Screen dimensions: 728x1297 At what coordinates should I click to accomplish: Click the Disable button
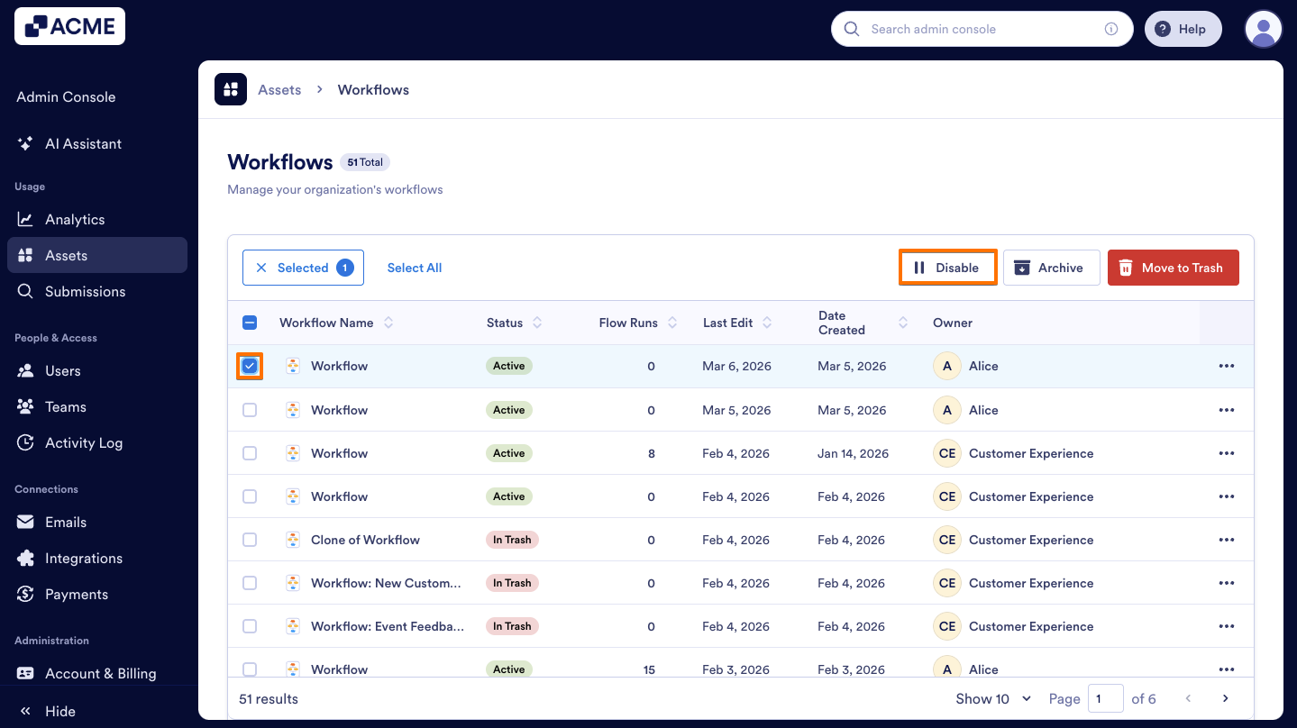click(947, 268)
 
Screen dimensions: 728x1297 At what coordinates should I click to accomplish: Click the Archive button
click(1051, 268)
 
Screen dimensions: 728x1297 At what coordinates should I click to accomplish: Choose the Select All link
click(414, 268)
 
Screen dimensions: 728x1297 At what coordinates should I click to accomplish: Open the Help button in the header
click(1182, 29)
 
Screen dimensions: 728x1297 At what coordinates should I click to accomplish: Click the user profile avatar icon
click(1263, 29)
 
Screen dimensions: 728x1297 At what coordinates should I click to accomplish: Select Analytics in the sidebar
click(75, 219)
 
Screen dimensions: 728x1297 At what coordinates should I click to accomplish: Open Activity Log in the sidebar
click(83, 442)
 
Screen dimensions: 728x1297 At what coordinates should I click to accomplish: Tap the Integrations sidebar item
click(83, 558)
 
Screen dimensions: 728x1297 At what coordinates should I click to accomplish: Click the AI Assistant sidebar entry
click(83, 143)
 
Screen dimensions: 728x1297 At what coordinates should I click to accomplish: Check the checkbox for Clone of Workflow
click(250, 540)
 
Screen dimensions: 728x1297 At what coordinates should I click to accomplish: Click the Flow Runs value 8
click(651, 453)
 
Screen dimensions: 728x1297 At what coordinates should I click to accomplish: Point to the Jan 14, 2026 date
click(853, 453)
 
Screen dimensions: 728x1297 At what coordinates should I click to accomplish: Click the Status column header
click(505, 323)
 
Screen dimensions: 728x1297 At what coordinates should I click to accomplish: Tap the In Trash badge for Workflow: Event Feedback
click(511, 626)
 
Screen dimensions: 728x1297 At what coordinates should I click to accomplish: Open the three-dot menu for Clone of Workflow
click(1226, 540)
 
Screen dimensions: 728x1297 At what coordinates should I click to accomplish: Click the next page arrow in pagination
click(1225, 698)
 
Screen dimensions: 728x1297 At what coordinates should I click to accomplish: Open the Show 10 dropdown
click(993, 698)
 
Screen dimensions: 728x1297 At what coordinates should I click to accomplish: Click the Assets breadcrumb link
click(279, 89)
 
